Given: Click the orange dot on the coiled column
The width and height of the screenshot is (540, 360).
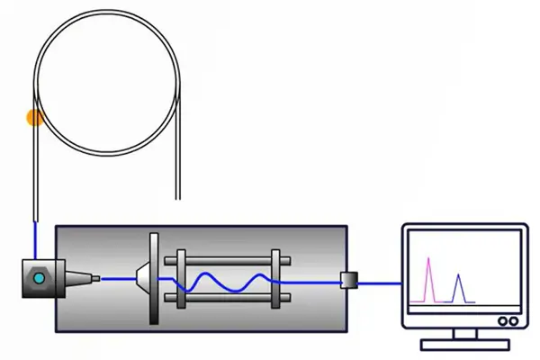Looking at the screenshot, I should [35, 117].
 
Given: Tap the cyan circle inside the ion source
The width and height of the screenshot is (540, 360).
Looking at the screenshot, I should [39, 279].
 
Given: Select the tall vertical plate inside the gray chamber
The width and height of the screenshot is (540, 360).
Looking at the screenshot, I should [154, 279].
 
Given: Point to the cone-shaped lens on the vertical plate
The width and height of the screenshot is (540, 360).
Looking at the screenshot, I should [141, 278].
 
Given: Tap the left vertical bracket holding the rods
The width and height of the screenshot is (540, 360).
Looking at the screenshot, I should [182, 279].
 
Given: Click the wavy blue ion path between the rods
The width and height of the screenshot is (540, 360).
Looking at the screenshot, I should [225, 284].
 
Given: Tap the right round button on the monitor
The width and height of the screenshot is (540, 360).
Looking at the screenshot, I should [514, 319].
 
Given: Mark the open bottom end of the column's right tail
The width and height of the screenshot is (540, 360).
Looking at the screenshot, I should [181, 196].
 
